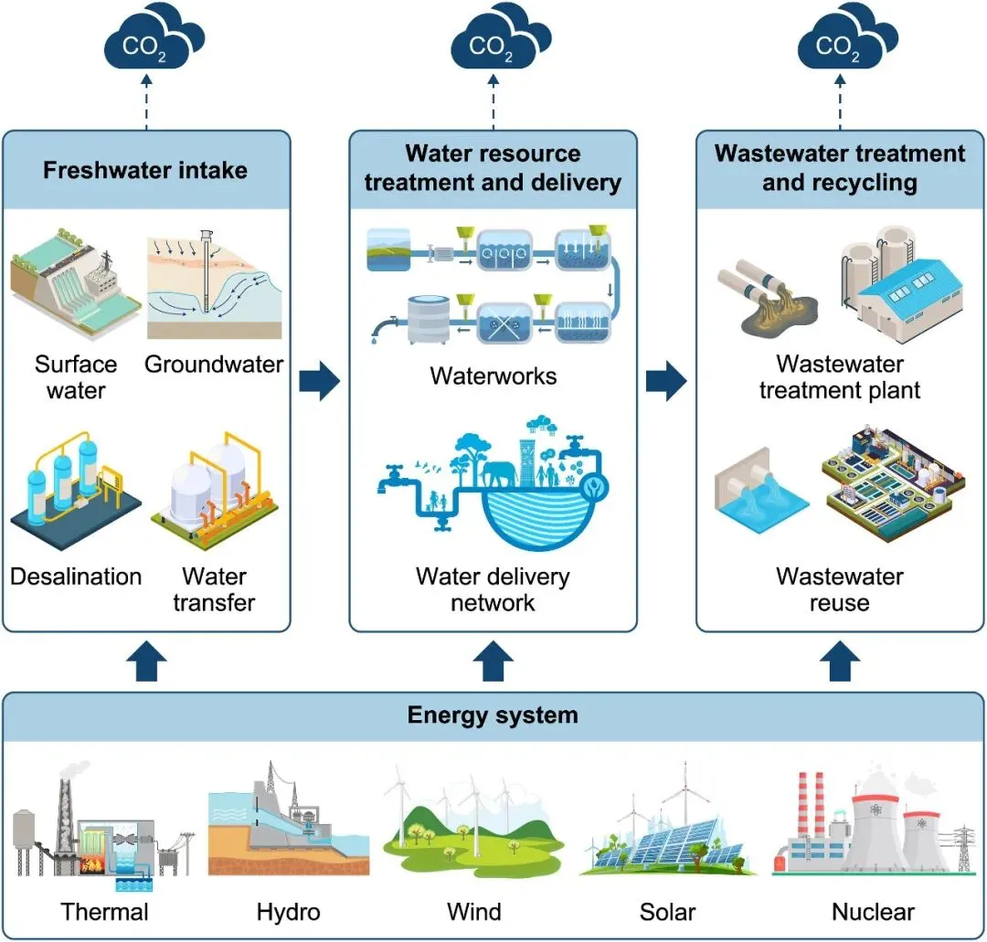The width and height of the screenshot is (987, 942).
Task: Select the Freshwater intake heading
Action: pos(145,171)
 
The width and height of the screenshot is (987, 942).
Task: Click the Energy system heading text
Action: pos(493,714)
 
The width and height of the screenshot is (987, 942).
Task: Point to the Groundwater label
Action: pos(214,365)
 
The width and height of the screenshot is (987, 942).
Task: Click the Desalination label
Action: pos(76,577)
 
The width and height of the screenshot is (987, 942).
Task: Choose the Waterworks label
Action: pos(493,376)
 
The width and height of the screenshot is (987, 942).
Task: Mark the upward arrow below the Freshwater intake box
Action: pos(145,662)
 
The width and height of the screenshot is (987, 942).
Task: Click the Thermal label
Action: pos(104,911)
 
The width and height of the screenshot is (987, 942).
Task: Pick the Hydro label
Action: pos(289,911)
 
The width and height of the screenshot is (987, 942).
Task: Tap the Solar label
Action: pos(668,911)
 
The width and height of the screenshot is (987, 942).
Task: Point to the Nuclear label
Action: pos(873,911)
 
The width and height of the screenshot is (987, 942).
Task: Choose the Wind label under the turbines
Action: pos(474,911)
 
